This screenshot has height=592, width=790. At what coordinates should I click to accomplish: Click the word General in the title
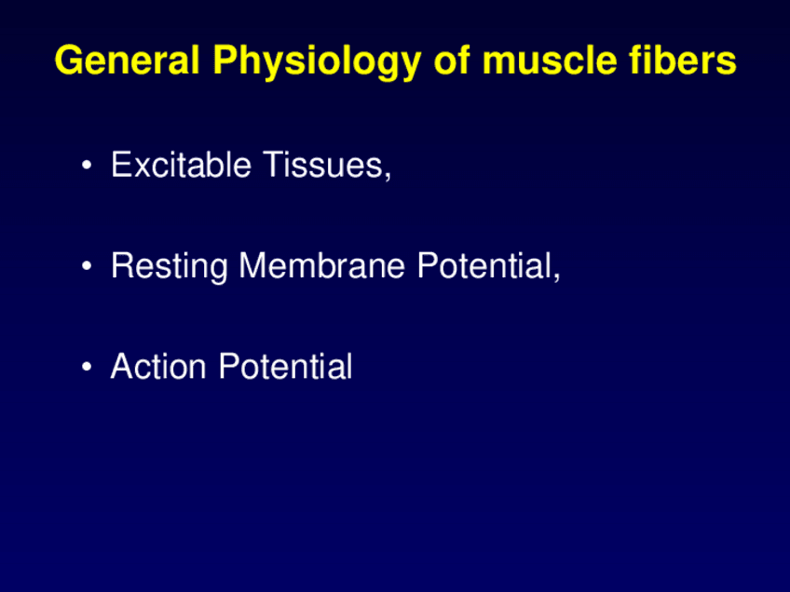tap(128, 60)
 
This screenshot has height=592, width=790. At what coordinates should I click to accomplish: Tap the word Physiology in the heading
tap(317, 62)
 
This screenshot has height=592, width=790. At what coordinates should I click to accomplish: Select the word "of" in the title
tap(452, 60)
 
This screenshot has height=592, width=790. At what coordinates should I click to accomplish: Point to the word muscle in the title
tap(550, 60)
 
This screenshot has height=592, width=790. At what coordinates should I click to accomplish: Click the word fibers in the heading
tap(683, 60)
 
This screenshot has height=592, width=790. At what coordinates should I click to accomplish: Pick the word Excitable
tap(182, 164)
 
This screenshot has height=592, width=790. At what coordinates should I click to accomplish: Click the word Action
tap(158, 366)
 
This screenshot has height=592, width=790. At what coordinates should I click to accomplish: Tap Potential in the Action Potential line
tap(285, 366)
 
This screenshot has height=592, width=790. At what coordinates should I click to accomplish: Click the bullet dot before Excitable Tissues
tap(87, 165)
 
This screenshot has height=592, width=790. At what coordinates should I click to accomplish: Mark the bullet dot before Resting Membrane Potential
tap(87, 266)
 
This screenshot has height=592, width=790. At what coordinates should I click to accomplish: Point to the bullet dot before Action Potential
tap(87, 367)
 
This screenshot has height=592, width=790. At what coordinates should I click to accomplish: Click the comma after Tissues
tap(388, 176)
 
